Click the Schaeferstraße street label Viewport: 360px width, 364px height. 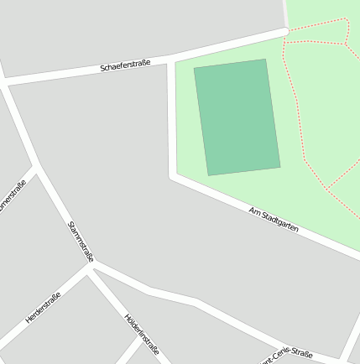click(x=125, y=65)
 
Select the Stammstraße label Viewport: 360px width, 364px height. click(x=81, y=240)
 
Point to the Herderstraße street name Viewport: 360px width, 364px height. click(x=43, y=308)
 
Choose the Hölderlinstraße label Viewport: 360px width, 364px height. click(x=141, y=333)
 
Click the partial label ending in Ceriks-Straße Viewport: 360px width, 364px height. click(x=286, y=356)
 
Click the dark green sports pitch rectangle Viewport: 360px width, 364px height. click(x=237, y=117)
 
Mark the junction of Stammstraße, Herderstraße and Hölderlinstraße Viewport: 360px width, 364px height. click(x=89, y=267)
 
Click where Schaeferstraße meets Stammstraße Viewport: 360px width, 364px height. click(x=5, y=82)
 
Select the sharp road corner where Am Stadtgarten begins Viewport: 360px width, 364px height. click(x=173, y=176)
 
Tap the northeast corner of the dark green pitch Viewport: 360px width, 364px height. click(x=265, y=60)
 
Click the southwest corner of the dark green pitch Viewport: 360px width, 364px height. click(x=208, y=174)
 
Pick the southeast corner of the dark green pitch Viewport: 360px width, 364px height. click(x=279, y=167)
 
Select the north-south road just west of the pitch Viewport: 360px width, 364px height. click(x=172, y=117)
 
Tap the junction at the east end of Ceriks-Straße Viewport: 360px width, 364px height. click(x=344, y=361)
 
